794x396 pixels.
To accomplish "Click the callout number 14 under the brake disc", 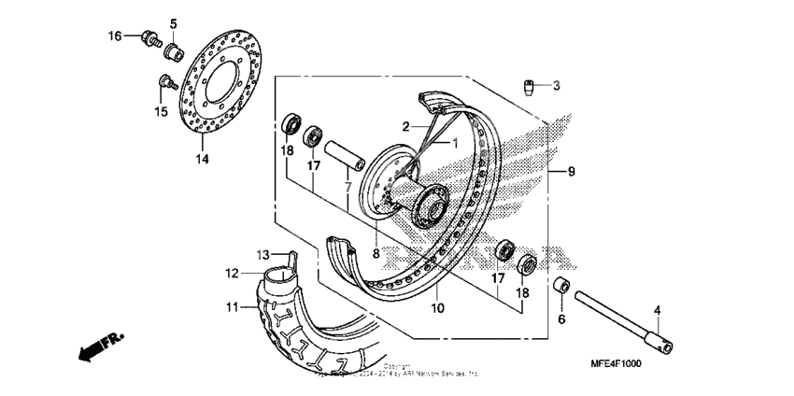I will (203, 159).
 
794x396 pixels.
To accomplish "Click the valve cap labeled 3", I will (529, 87).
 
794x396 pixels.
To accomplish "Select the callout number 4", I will (657, 311).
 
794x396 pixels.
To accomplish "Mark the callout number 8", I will (376, 253).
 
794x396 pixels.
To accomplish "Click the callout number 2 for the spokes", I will (406, 126).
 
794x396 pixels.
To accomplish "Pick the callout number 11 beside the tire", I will (231, 306).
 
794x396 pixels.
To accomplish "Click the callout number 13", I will (262, 255).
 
